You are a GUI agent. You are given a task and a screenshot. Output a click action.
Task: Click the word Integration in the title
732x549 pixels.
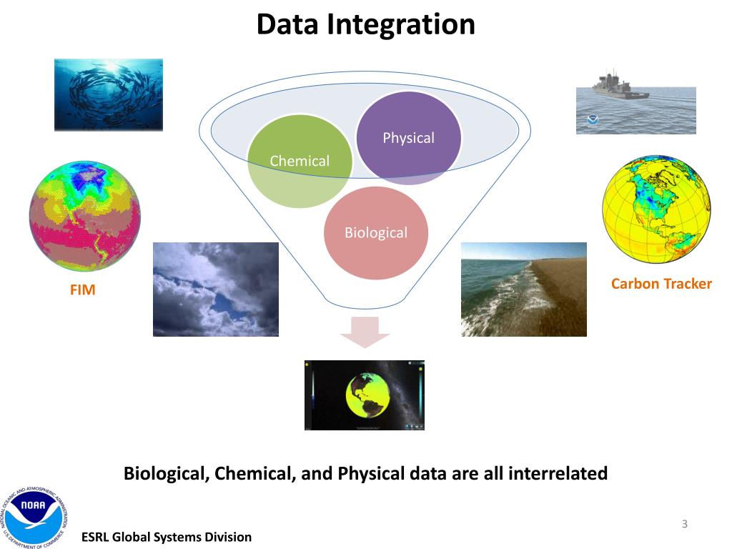pyautogui.click(x=401, y=25)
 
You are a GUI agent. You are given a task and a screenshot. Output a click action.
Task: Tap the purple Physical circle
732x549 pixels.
pyautogui.click(x=409, y=137)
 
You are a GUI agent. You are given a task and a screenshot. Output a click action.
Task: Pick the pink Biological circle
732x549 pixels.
pyautogui.click(x=376, y=233)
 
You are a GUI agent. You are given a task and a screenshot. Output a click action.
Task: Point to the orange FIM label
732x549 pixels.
pyautogui.click(x=82, y=291)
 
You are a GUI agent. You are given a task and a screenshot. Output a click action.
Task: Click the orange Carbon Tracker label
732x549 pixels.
pyautogui.click(x=661, y=284)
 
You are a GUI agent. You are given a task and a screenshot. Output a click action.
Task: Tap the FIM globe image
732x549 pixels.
pyautogui.click(x=84, y=216)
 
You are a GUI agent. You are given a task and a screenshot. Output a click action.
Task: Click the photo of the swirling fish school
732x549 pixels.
pyautogui.click(x=109, y=94)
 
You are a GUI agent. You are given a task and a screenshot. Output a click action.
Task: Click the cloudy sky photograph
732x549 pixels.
pyautogui.click(x=215, y=289)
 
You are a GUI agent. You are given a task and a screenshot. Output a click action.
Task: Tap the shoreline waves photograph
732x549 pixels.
pyautogui.click(x=523, y=289)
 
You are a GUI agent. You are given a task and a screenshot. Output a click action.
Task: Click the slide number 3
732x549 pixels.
pyautogui.click(x=684, y=525)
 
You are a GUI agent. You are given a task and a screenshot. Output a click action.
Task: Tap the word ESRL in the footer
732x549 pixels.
pyautogui.click(x=97, y=537)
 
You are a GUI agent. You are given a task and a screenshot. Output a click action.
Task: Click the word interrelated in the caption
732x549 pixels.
pyautogui.click(x=558, y=473)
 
